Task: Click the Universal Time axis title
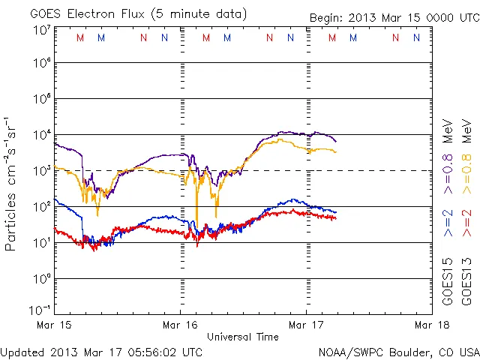click(244, 337)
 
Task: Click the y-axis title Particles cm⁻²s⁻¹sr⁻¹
click(12, 184)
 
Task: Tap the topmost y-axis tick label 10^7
click(42, 30)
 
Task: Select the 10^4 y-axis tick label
click(42, 135)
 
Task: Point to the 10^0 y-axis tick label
click(42, 279)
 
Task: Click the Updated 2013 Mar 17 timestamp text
click(101, 351)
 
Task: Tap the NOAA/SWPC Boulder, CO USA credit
click(398, 351)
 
